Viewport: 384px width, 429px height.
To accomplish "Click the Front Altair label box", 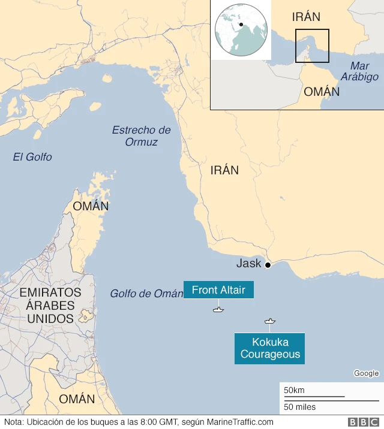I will coord(218,291).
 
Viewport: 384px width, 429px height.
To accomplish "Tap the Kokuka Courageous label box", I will coord(270,349).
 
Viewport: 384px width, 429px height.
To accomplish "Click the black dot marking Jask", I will coord(268,265).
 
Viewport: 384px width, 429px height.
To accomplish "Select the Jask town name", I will coord(248,264).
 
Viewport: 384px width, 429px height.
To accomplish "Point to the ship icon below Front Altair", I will coord(218,309).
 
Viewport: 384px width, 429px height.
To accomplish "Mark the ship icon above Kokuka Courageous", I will coord(270,321).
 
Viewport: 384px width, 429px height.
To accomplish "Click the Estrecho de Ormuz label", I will coord(142,136).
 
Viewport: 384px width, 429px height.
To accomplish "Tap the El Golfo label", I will coord(32,157).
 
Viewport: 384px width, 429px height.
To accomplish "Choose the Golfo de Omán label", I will coord(146,294).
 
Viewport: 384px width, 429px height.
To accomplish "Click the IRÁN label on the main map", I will coord(224,170).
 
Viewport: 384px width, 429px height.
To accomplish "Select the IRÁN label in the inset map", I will coord(306,17).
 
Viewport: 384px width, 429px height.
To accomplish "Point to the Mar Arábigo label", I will coord(359,71).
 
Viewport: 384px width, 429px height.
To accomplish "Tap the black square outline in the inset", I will coord(312,46).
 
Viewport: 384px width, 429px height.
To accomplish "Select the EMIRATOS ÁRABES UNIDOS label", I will coord(50,305).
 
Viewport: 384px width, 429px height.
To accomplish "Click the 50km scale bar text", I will coord(294,390).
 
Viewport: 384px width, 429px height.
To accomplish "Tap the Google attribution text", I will coord(366,373).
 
